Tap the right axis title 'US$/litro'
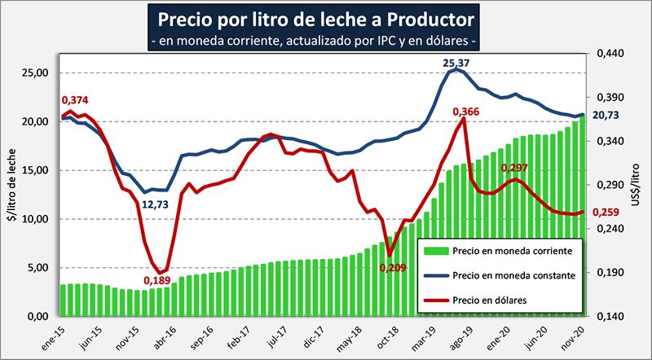point(637,186)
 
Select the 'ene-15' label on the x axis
point(57,335)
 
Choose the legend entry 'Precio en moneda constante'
point(504,275)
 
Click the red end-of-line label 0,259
point(605,213)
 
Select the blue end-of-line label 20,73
point(604,116)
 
